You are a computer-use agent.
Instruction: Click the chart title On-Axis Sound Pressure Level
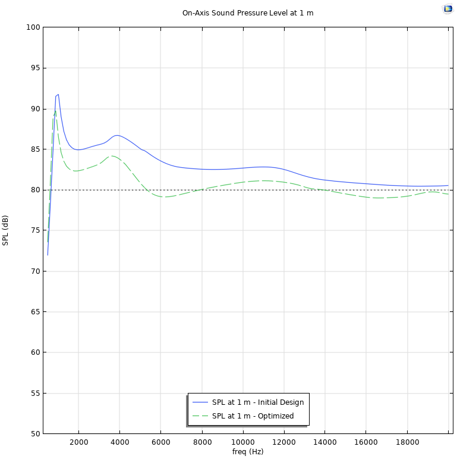248,13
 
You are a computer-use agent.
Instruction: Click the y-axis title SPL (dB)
5,230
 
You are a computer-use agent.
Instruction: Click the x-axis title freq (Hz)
248,452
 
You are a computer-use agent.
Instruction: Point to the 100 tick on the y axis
33,27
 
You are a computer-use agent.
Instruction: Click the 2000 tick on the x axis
78,442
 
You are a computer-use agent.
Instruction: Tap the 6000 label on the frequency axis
160,442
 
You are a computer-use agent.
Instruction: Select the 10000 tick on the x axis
242,442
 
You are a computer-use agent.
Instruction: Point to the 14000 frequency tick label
324,442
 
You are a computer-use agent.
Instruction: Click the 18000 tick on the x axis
406,442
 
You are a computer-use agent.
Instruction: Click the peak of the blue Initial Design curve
58,94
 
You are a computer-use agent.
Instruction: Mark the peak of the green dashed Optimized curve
55,111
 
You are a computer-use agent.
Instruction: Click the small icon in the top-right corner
447,9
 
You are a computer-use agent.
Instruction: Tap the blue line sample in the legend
200,402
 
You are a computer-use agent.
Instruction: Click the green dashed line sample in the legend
200,416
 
